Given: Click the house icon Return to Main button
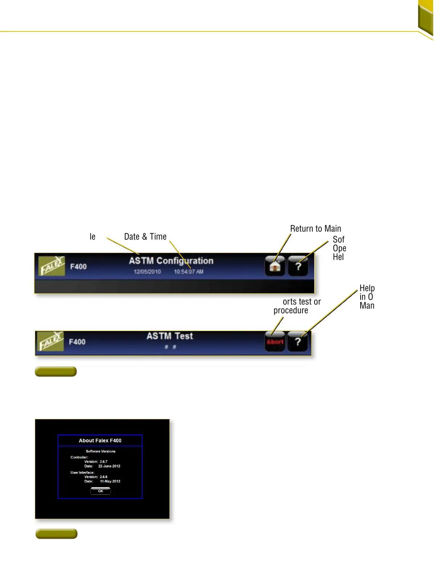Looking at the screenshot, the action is click(x=275, y=266).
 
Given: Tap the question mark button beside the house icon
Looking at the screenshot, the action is click(x=298, y=266).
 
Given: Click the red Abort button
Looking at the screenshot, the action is click(x=275, y=342).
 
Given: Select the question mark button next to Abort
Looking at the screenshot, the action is click(x=297, y=342).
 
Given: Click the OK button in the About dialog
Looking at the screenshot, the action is click(x=100, y=491).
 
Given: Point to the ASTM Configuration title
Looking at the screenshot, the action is click(x=171, y=261).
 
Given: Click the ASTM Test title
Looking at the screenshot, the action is click(x=170, y=336).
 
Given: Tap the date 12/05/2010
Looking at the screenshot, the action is click(x=147, y=272).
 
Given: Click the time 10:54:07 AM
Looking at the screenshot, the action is click(x=189, y=272).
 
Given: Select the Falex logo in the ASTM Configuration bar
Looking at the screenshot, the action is click(x=52, y=266).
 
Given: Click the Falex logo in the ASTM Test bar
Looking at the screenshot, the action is click(x=50, y=342).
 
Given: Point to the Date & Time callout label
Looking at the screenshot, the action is click(x=145, y=237).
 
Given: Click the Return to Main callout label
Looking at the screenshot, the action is click(x=316, y=229).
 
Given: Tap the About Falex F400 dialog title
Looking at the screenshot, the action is click(x=100, y=440).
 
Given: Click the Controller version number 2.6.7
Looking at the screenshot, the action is click(x=104, y=462).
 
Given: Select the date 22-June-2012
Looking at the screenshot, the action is click(x=109, y=466).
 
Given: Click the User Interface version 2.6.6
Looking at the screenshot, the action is click(x=104, y=477).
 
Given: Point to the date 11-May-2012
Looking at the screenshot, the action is click(x=110, y=481).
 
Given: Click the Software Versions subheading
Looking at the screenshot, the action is click(x=100, y=451).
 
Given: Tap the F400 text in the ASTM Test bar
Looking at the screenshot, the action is click(x=77, y=342).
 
